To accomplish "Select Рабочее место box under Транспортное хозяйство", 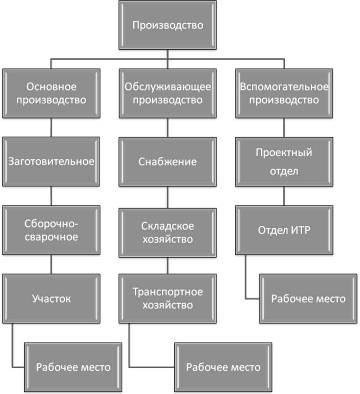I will tap(222, 366).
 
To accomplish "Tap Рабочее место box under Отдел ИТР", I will tap(306, 299).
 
